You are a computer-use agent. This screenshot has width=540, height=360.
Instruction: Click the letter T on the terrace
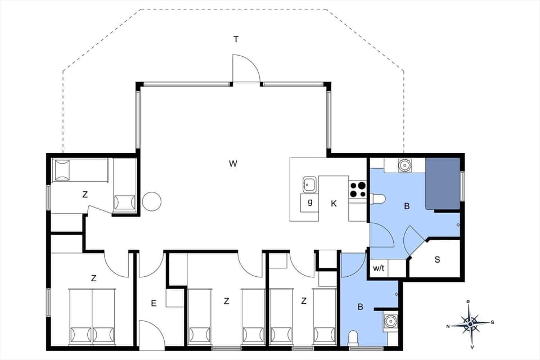pyautogui.click(x=236, y=39)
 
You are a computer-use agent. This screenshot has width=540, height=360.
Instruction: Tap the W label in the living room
pyautogui.click(x=233, y=164)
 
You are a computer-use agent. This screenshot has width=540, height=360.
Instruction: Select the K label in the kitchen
pyautogui.click(x=334, y=204)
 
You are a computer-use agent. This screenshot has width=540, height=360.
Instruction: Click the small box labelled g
pyautogui.click(x=309, y=202)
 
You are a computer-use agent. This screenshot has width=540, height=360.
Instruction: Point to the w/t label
pyautogui.click(x=379, y=269)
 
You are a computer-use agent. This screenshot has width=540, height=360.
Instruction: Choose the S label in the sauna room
pyautogui.click(x=437, y=259)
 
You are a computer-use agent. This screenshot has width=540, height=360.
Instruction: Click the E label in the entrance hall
pyautogui.click(x=153, y=303)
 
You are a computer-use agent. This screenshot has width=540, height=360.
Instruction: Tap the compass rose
pyautogui.click(x=470, y=324)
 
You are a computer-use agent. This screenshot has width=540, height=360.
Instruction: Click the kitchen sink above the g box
pyautogui.click(x=309, y=184)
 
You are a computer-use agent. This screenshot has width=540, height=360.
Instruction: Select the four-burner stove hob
pyautogui.click(x=357, y=189)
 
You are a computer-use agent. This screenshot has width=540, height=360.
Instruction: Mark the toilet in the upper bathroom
pyautogui.click(x=377, y=197)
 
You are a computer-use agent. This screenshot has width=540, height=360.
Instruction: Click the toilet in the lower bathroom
pyautogui.click(x=354, y=337)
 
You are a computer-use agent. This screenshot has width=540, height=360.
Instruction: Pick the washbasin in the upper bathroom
pyautogui.click(x=403, y=165)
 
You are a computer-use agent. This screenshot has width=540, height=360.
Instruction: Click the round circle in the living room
pyautogui.click(x=152, y=201)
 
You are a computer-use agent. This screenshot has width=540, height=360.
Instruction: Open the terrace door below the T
pyautogui.click(x=246, y=69)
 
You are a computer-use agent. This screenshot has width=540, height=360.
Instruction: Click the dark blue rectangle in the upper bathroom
pyautogui.click(x=443, y=183)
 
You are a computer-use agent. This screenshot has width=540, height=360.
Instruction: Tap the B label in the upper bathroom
pyautogui.click(x=407, y=206)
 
